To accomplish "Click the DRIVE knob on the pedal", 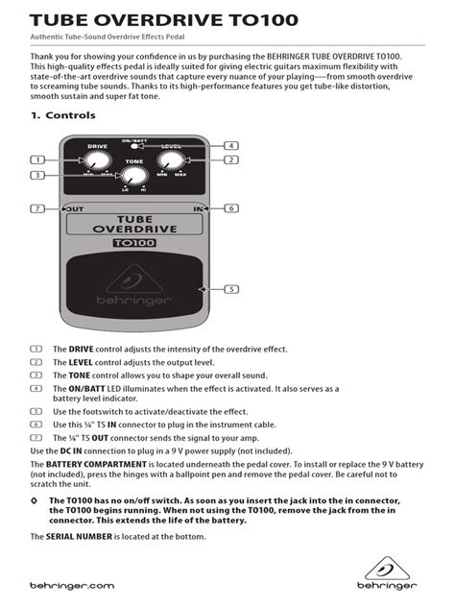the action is (x=98, y=160).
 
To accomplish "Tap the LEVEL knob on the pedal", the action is (x=171, y=160).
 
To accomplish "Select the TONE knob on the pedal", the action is (x=134, y=176).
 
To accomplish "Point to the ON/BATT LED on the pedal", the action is (x=134, y=146).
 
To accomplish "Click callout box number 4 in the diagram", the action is (x=231, y=146).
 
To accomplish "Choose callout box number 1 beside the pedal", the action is (x=37, y=159).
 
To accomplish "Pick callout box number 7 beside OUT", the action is (x=37, y=208).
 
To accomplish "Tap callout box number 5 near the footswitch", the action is (x=231, y=289).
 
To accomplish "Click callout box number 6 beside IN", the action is (x=231, y=208).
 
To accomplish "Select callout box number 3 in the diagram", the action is (x=37, y=176).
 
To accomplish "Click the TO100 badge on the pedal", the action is (x=134, y=243).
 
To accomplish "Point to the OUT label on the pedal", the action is (x=74, y=209).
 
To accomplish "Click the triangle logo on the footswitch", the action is (x=134, y=279).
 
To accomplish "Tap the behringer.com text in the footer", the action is (x=72, y=586).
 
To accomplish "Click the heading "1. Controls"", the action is (x=63, y=115).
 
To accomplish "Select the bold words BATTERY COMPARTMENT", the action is (x=96, y=464).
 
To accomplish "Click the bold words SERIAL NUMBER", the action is (x=79, y=537).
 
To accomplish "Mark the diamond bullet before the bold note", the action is (x=34, y=500).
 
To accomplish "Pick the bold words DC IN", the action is (x=71, y=451).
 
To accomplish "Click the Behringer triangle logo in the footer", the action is (x=387, y=569).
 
